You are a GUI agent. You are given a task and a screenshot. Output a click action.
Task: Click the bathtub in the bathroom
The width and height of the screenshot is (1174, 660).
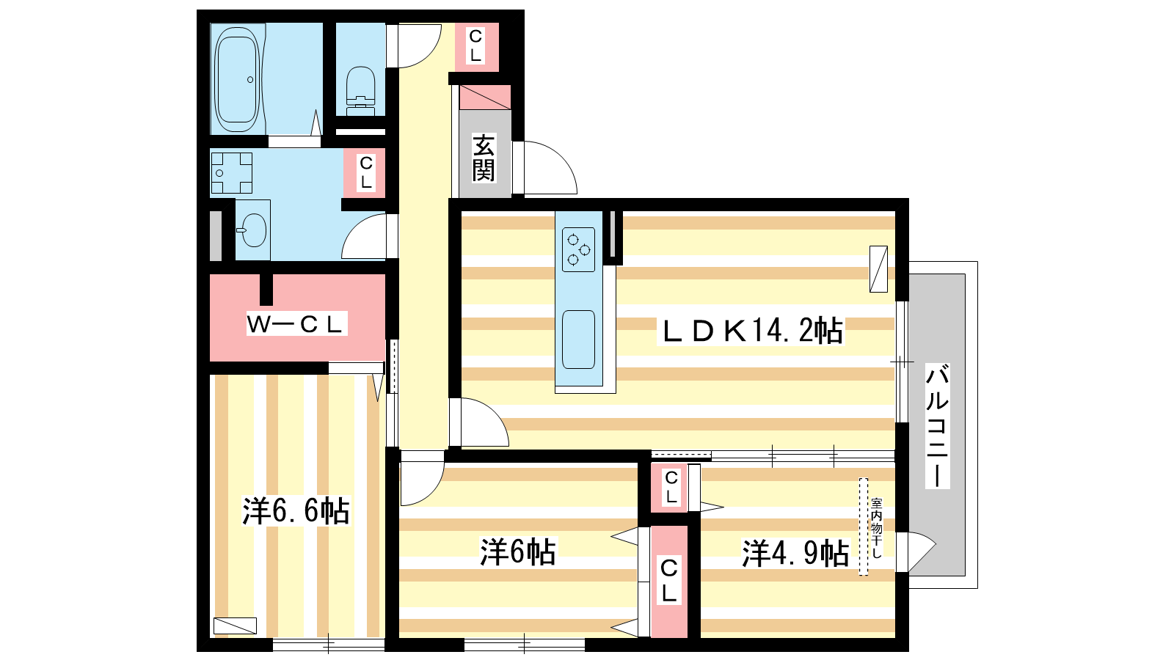tap(236, 79)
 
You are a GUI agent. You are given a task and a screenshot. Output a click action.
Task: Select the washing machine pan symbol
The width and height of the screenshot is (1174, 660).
tap(231, 174)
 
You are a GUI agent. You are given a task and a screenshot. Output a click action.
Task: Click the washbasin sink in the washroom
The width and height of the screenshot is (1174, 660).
tap(253, 230)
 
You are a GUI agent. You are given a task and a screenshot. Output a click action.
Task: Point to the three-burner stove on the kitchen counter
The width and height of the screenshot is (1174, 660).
tap(578, 249)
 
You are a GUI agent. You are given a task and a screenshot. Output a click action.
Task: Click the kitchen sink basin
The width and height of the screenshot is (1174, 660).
tap(578, 339)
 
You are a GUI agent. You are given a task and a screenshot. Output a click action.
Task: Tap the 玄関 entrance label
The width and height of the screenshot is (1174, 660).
tap(484, 158)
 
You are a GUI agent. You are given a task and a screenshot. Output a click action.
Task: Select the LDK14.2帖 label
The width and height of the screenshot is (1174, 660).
tap(751, 331)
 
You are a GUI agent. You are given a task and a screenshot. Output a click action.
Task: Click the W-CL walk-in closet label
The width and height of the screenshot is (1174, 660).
tap(296, 323)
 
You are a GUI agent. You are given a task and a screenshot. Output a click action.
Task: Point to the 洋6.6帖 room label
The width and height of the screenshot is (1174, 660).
tap(296, 511)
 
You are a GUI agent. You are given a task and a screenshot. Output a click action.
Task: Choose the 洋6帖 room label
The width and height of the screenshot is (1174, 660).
tap(517, 551)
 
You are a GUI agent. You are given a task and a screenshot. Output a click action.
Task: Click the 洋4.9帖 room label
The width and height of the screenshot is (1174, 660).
tap(795, 553)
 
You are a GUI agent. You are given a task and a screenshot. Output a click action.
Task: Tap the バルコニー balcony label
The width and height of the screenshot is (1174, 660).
tap(936, 425)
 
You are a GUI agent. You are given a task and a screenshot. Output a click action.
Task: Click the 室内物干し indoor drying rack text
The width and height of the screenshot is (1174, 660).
tap(876, 528)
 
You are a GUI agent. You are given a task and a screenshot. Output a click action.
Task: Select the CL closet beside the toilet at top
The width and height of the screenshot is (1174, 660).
tap(475, 45)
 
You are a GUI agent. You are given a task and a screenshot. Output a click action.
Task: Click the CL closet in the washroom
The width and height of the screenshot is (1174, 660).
tap(365, 172)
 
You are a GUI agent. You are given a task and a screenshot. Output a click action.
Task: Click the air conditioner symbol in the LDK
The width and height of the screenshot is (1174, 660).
tap(878, 268)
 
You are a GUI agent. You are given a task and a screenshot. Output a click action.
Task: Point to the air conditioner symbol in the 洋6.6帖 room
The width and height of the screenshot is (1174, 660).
tap(235, 626)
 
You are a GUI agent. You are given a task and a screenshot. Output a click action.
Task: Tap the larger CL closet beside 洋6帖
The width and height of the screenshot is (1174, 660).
tap(669, 581)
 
